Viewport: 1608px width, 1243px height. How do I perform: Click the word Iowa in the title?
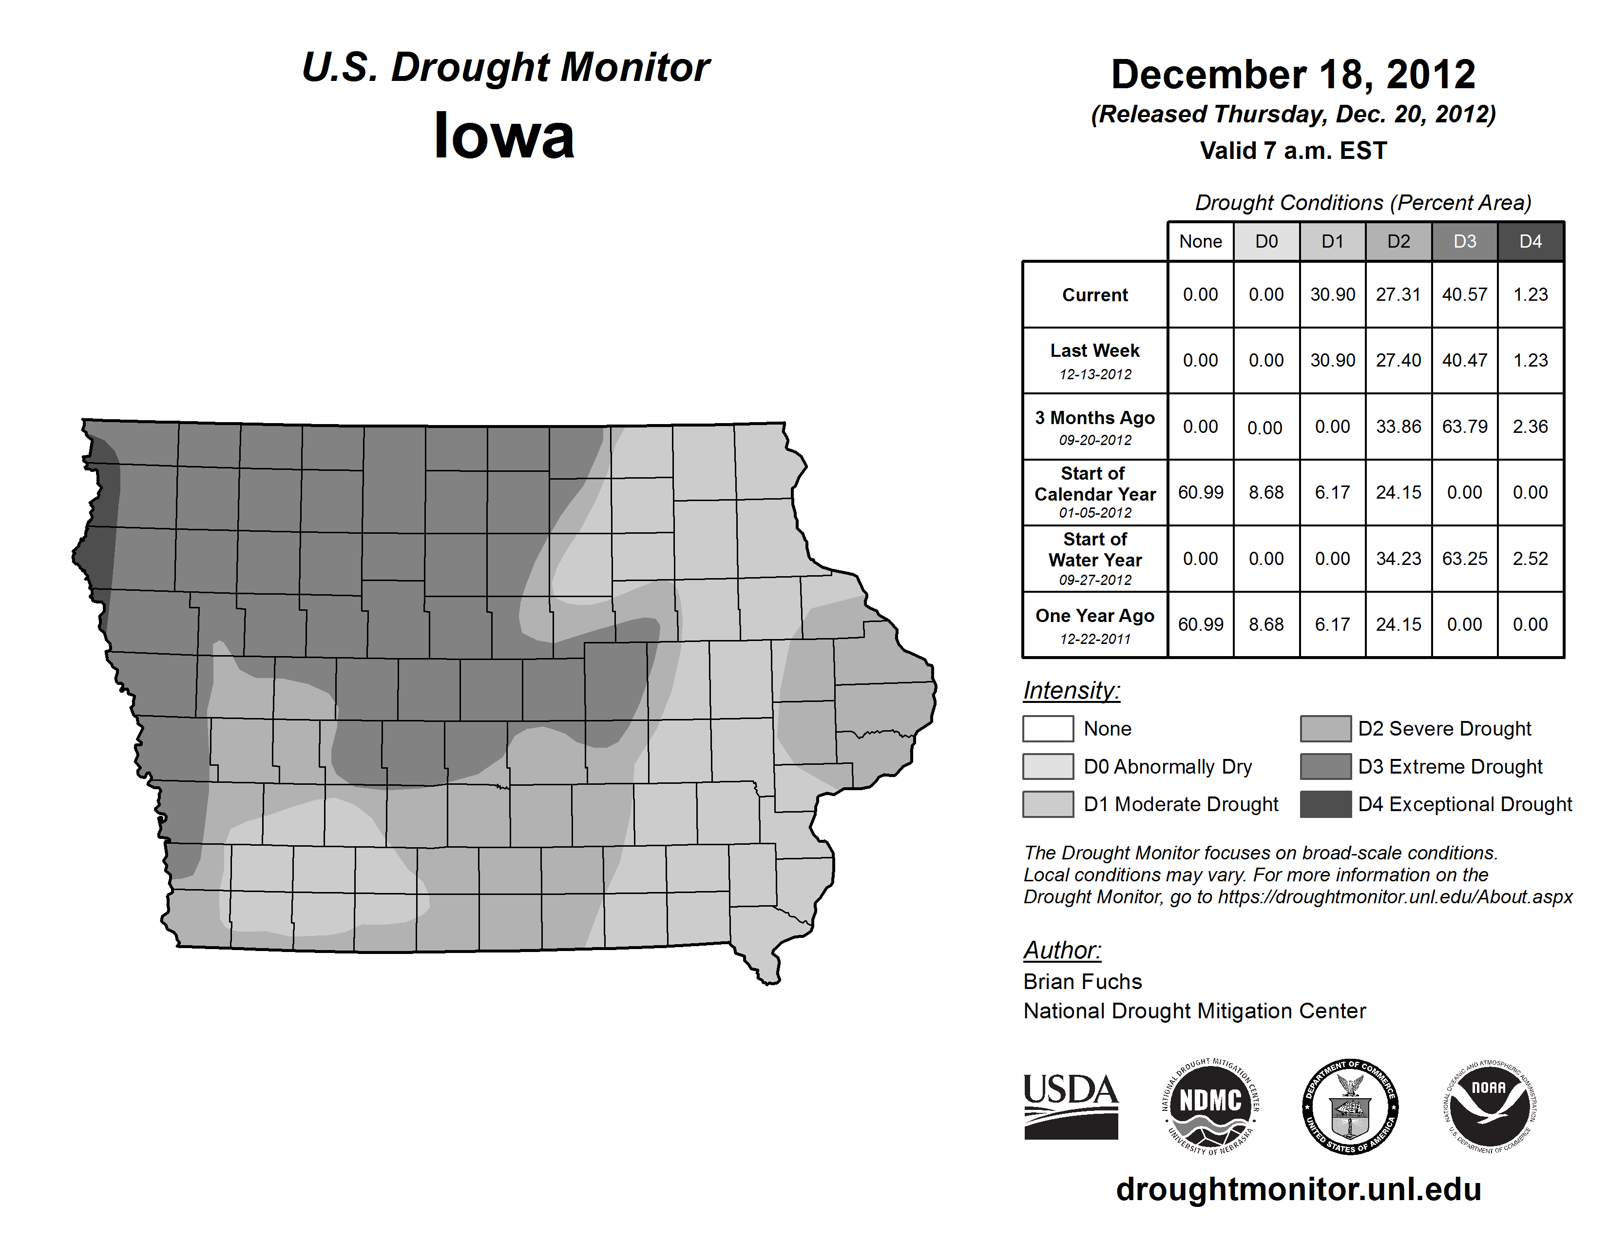pyautogui.click(x=504, y=136)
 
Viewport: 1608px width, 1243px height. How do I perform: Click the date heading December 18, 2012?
pyautogui.click(x=1293, y=75)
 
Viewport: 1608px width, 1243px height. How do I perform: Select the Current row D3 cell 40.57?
pyautogui.click(x=1464, y=294)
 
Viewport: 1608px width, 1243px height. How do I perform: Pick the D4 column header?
pyautogui.click(x=1530, y=241)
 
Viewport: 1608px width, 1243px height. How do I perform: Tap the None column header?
pyautogui.click(x=1200, y=241)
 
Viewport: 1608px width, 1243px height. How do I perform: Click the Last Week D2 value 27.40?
pyautogui.click(x=1398, y=360)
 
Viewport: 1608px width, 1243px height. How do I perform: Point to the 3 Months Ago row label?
pyautogui.click(x=1095, y=418)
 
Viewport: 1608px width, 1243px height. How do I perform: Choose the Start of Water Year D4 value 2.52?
pyautogui.click(x=1530, y=558)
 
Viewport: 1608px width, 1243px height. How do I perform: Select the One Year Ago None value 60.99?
pyautogui.click(x=1200, y=624)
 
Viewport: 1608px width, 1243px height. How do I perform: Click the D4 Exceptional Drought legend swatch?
pyautogui.click(x=1325, y=804)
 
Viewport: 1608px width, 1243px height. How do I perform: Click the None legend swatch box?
pyautogui.click(x=1048, y=728)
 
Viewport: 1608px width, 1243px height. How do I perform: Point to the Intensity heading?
pyautogui.click(x=1071, y=691)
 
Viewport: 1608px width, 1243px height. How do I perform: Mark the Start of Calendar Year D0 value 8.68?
pyautogui.click(x=1266, y=492)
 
